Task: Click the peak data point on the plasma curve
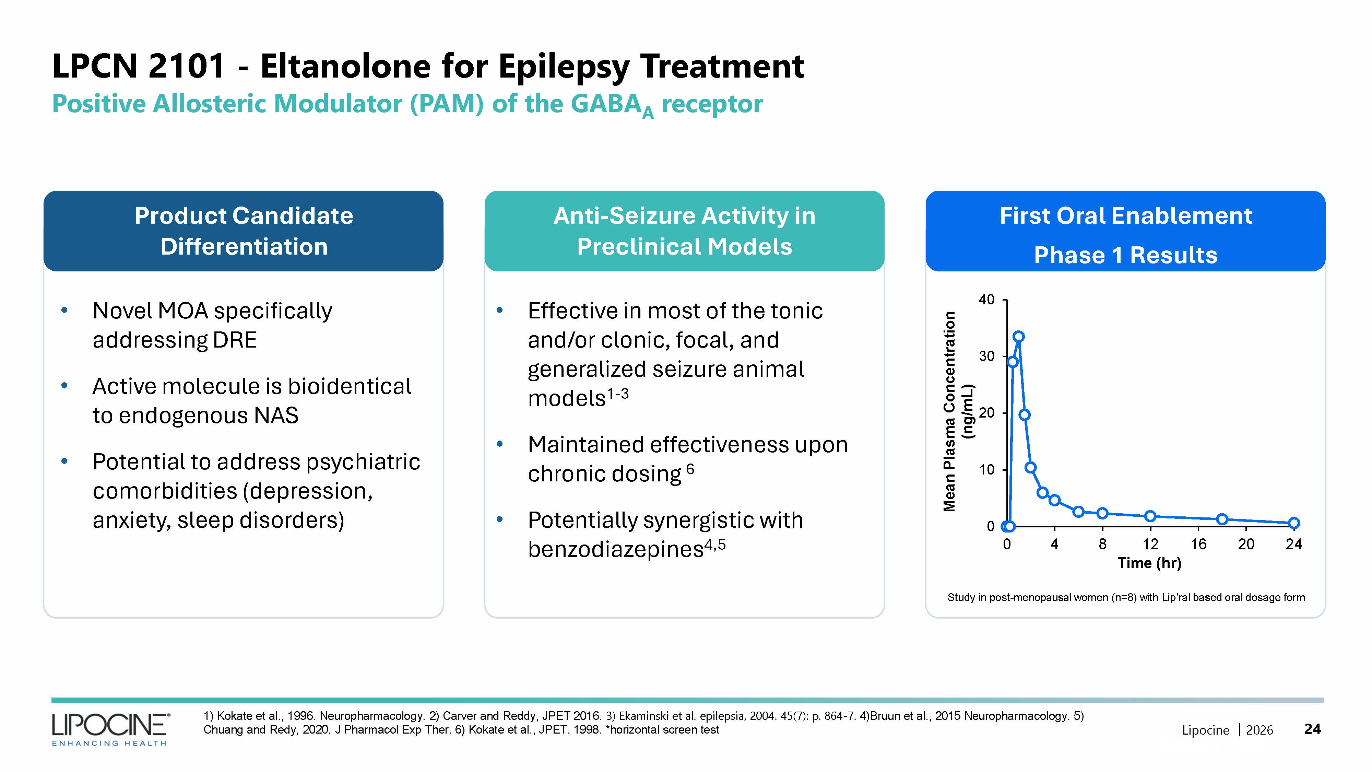(1018, 337)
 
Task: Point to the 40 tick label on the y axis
(986, 300)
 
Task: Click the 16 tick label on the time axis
(1198, 544)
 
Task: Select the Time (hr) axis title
(1149, 563)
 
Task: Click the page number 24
(1312, 729)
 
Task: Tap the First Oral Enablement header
(1125, 216)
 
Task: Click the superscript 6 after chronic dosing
(690, 469)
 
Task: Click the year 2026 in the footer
(1259, 730)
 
